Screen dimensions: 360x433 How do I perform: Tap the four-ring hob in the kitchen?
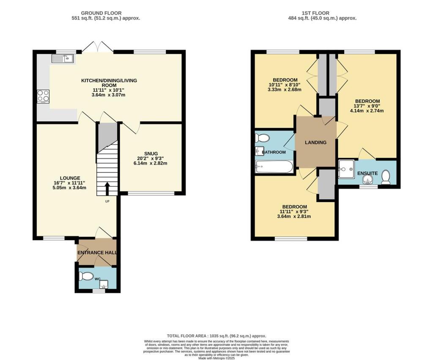[43, 96]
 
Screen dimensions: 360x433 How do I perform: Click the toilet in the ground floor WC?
[87, 276]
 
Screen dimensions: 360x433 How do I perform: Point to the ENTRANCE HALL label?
[97, 253]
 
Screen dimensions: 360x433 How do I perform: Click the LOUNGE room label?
[70, 177]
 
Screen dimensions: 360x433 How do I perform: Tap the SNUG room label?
[151, 153]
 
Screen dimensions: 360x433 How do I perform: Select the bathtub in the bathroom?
[274, 168]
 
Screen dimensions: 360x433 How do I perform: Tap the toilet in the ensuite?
[385, 177]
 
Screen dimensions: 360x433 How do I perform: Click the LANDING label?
[316, 142]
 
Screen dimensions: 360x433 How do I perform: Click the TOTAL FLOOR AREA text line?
[216, 336]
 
